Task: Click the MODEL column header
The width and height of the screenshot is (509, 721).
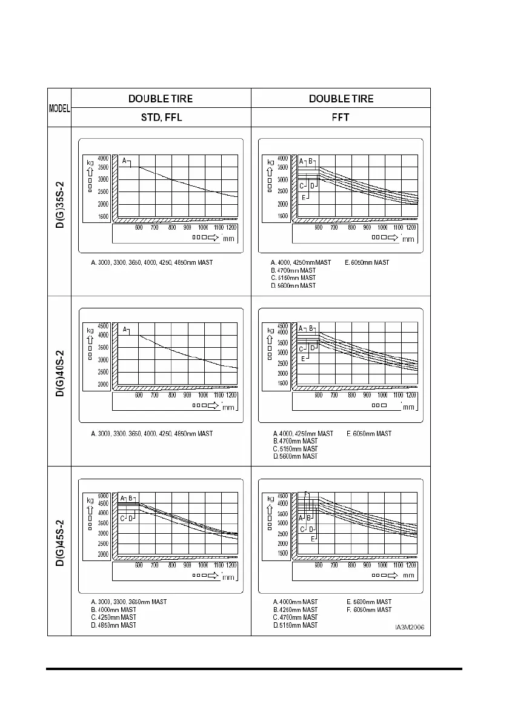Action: (x=59, y=108)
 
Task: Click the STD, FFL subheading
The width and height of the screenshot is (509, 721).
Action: (x=161, y=118)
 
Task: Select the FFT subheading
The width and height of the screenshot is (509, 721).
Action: (x=341, y=118)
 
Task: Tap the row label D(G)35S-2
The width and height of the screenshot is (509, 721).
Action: (x=60, y=211)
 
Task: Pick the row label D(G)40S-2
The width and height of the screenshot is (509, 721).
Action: (x=60, y=380)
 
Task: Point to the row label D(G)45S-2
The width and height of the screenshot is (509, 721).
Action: (x=60, y=551)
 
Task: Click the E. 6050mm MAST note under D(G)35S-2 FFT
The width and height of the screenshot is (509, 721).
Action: (x=367, y=262)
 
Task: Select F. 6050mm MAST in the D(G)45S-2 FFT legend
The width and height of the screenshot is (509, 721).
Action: (x=369, y=610)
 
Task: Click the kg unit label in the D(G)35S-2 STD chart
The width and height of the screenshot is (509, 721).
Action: (x=90, y=162)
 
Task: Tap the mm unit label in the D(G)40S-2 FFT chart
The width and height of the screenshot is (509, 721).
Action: (x=409, y=407)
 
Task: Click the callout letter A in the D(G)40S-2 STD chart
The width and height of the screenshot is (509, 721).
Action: (x=125, y=330)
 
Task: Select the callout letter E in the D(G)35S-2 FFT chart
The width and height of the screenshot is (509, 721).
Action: (x=304, y=198)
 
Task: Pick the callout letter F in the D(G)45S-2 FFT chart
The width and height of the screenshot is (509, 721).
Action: (x=306, y=493)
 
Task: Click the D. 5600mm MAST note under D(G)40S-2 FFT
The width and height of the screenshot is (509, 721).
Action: (x=295, y=456)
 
